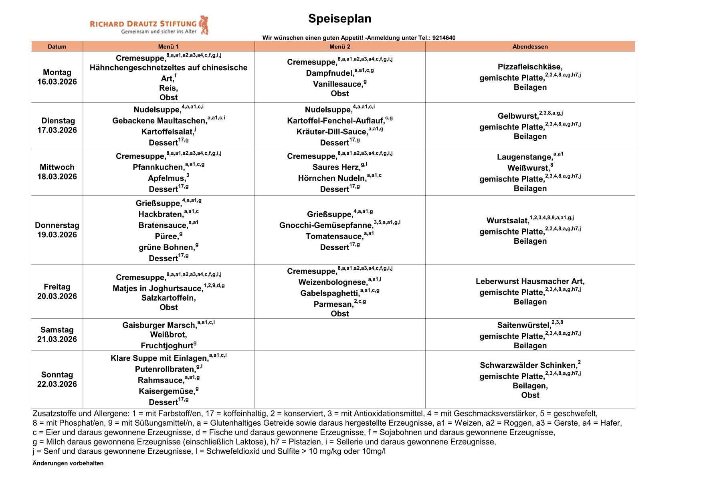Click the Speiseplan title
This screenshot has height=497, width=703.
[x=339, y=19]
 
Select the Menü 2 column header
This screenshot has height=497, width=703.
[x=339, y=46]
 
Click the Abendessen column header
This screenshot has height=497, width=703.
[x=530, y=46]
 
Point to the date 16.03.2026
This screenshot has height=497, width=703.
[x=57, y=82]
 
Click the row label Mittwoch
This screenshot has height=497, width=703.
[x=57, y=167]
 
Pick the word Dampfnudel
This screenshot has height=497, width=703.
[x=329, y=73]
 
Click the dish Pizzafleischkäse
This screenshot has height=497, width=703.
[x=530, y=67]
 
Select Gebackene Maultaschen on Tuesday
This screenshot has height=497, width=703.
[x=159, y=121]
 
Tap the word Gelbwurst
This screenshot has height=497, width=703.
[x=517, y=116]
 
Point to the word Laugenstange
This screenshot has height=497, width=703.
[x=524, y=157]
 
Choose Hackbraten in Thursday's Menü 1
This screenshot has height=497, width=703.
[x=160, y=214]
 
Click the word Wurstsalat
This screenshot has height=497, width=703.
[x=507, y=221]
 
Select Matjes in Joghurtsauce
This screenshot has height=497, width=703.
[x=158, y=289]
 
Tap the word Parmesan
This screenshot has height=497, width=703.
[x=333, y=305]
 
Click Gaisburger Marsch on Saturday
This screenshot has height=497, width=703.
[x=159, y=325]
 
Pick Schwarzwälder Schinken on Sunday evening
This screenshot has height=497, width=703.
[x=528, y=366]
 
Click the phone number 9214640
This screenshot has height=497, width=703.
[x=444, y=38]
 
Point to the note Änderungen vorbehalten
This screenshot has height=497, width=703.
[x=68, y=463]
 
